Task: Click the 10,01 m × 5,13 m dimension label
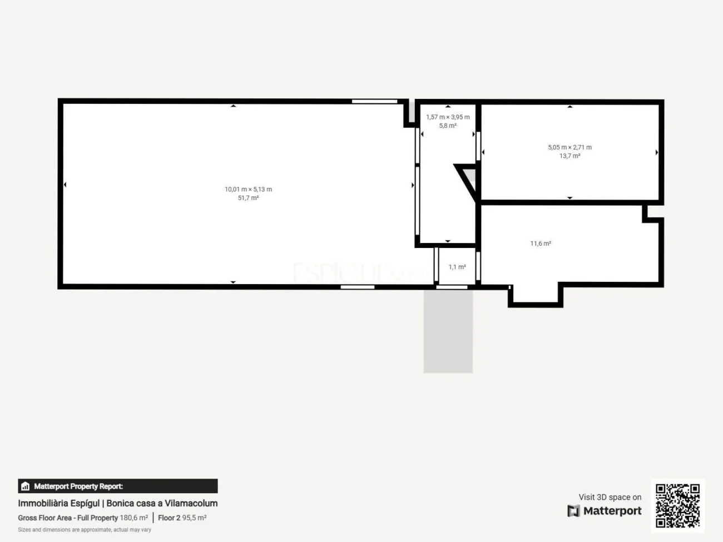[248, 190]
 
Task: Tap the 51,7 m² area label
[248, 198]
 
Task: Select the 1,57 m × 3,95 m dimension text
[448, 117]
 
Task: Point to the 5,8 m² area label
[448, 126]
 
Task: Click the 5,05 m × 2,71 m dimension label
[570, 147]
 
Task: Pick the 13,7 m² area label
[570, 156]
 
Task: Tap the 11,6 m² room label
[541, 243]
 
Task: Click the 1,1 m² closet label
[457, 267]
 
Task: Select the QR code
[677, 505]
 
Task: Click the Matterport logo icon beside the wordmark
[573, 511]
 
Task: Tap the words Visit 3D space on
[610, 497]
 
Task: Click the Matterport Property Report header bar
[118, 486]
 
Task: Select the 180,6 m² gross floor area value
[134, 518]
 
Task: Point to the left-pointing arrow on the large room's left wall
[65, 185]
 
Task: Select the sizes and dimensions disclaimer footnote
[85, 530]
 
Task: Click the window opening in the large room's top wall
[374, 101]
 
